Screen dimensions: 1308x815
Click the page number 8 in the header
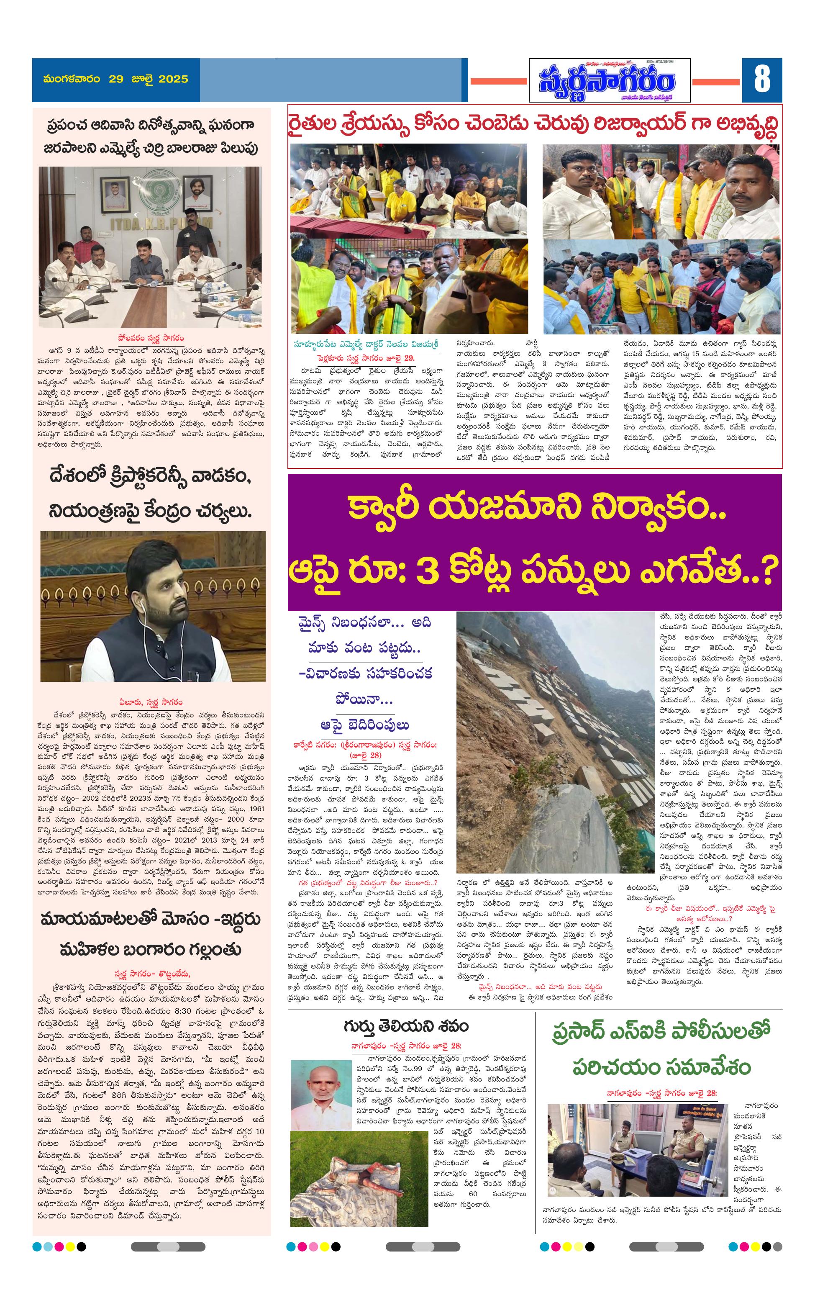click(x=761, y=79)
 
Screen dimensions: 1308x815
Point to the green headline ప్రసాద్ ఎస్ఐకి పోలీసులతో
click(x=661, y=1030)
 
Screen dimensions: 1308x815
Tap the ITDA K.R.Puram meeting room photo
click(x=150, y=247)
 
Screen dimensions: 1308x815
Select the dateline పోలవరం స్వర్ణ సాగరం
click(x=151, y=338)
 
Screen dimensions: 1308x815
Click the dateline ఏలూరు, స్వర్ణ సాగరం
click(x=151, y=702)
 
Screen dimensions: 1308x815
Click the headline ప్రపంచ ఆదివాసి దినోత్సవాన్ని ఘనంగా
click(x=150, y=125)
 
